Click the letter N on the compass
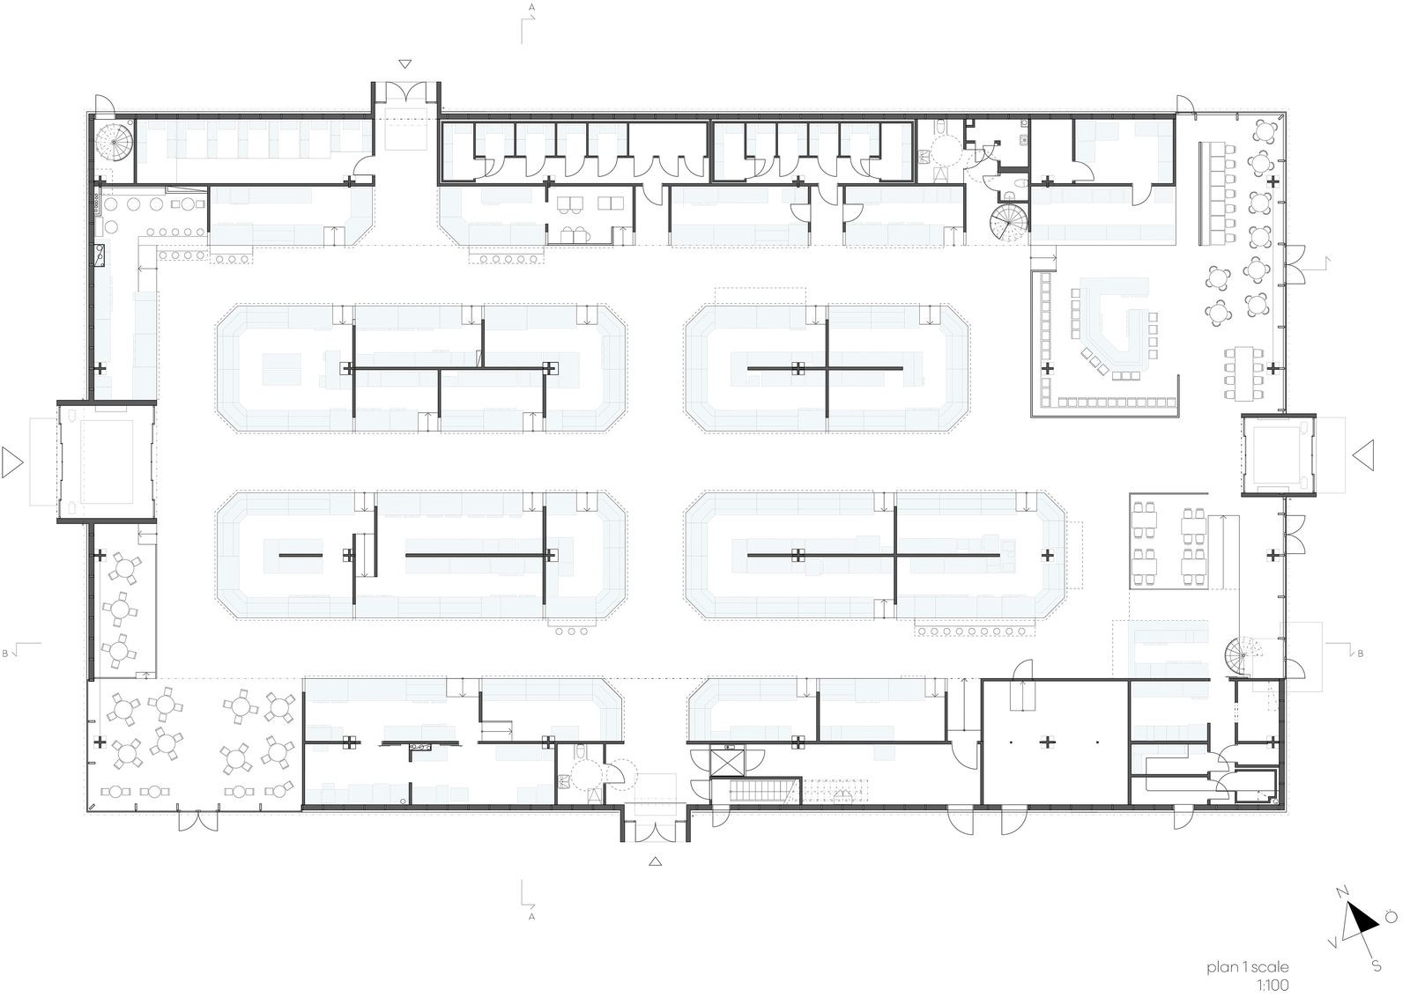[1341, 891]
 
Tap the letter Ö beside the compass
[1391, 917]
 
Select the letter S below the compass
[1377, 965]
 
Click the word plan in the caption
[1221, 967]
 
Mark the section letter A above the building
[532, 8]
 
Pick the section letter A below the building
[532, 917]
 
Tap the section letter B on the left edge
[5, 654]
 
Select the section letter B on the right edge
[1361, 654]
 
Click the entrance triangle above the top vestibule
[405, 64]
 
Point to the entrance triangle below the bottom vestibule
[656, 861]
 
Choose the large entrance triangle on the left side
[11, 462]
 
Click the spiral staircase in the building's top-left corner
[114, 143]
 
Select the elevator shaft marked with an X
[727, 762]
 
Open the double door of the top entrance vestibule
[405, 93]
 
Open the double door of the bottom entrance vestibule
[656, 831]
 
